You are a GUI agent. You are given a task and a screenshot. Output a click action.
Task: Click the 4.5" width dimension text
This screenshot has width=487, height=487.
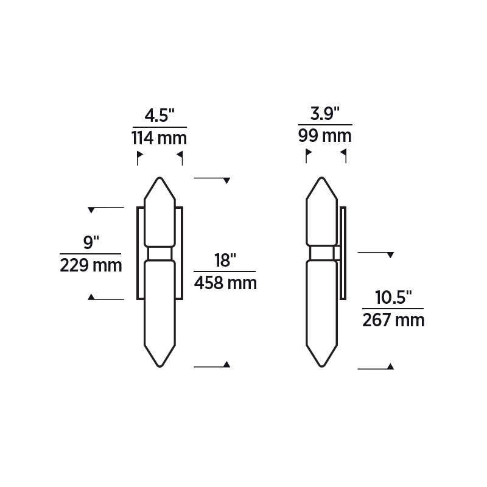[x=159, y=115]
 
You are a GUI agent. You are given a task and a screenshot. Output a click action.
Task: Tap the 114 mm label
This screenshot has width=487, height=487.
[x=159, y=138]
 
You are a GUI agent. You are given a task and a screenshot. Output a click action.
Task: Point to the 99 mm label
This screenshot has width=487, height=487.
[x=324, y=135]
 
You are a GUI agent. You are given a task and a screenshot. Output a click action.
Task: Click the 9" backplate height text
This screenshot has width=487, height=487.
[x=91, y=243]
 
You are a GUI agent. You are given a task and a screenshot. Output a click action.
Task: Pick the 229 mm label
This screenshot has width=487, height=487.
[x=91, y=265]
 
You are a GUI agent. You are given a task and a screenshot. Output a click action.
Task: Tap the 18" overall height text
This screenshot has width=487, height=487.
[x=225, y=261]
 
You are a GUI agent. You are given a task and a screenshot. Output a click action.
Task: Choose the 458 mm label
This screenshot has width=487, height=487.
[x=225, y=283]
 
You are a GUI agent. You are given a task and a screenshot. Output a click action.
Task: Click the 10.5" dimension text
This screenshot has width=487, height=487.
[x=393, y=298]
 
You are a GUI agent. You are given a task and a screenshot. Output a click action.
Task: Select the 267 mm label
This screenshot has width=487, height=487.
[x=393, y=320]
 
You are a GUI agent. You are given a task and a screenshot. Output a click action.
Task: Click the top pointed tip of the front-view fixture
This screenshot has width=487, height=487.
[x=160, y=178]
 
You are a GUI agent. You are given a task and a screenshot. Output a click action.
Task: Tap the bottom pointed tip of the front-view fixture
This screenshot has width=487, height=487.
[x=160, y=366]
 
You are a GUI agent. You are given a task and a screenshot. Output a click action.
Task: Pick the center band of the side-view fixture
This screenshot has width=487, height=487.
[x=321, y=253]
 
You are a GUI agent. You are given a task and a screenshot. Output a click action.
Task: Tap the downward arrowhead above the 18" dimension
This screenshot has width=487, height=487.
[x=226, y=181]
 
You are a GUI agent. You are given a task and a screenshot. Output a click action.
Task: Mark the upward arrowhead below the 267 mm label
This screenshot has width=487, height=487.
[x=390, y=366]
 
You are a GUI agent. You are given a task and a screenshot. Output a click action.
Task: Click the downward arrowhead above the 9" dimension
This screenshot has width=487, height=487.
[x=91, y=210]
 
